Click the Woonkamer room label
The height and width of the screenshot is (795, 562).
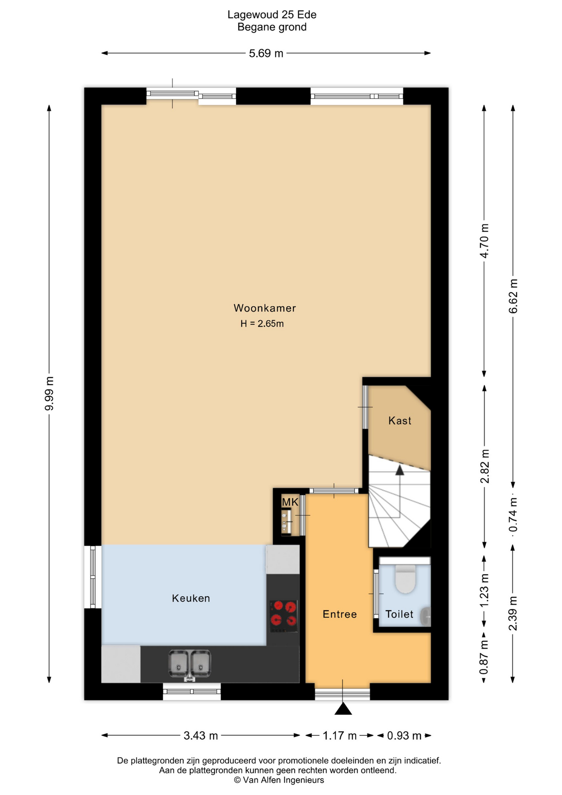tap(264, 308)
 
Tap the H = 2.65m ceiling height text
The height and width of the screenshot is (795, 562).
tap(262, 324)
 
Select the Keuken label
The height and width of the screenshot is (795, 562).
tap(191, 598)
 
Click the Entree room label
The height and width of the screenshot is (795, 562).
tap(339, 614)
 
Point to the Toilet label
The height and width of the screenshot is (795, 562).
tap(399, 614)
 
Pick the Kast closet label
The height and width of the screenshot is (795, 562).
tap(399, 421)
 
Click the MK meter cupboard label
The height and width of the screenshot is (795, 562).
tap(290, 502)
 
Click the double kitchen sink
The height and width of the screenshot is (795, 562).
tap(190, 664)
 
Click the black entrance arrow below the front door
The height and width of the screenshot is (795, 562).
tap(343, 709)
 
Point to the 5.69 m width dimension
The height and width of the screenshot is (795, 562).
tap(266, 53)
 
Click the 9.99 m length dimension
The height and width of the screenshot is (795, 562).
tap(49, 394)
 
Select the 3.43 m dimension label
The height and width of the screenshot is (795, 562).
tap(201, 736)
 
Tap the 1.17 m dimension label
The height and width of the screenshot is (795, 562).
tap(339, 736)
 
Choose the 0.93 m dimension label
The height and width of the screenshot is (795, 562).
tap(404, 736)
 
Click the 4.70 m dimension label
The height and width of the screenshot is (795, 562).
tap(484, 241)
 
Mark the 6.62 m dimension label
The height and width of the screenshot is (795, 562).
tap(513, 296)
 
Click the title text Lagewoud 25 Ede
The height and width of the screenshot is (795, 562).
tap(272, 15)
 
